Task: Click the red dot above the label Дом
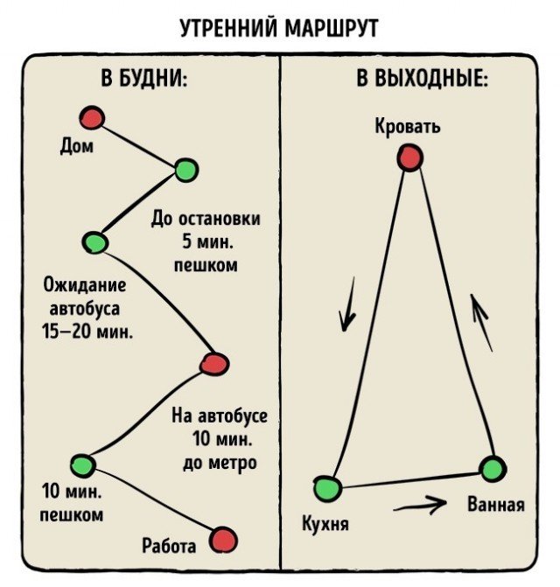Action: (92, 118)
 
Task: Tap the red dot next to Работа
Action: (223, 540)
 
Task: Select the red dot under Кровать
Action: (409, 157)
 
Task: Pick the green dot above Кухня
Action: (327, 488)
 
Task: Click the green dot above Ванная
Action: (493, 469)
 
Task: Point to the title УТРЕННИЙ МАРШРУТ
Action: (279, 28)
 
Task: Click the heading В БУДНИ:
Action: (144, 79)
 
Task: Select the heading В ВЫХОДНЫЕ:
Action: (423, 79)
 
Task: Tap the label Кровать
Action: (408, 126)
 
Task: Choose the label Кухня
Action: (325, 523)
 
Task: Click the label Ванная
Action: (495, 504)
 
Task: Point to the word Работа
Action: (169, 546)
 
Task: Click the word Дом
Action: (77, 146)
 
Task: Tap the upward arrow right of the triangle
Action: (481, 323)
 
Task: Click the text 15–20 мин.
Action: (87, 331)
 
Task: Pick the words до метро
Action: (220, 463)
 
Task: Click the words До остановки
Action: (206, 219)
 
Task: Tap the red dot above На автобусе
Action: (214, 364)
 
